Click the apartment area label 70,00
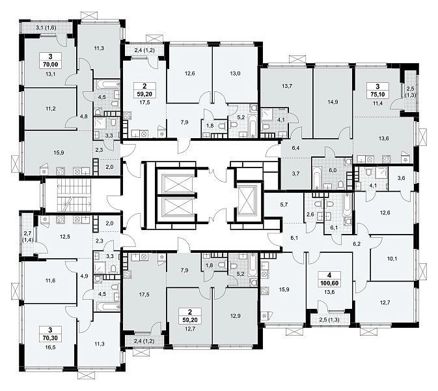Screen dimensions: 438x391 coord(50,65)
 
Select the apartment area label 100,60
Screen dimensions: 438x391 coord(329,283)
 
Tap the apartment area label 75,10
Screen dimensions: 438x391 coord(377,94)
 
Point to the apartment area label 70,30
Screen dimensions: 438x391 coord(50,338)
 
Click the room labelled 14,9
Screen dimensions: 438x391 coord(333,102)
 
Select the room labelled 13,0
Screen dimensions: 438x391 coord(235,74)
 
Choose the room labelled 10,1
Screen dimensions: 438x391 coord(392,259)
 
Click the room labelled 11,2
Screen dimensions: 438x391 coord(50,109)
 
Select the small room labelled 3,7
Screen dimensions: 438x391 coord(296,174)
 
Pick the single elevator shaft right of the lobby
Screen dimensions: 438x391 coord(247,199)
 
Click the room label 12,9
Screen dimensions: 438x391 coord(235,316)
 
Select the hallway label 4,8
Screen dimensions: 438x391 coord(83,117)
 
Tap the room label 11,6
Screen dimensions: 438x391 coord(50,280)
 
